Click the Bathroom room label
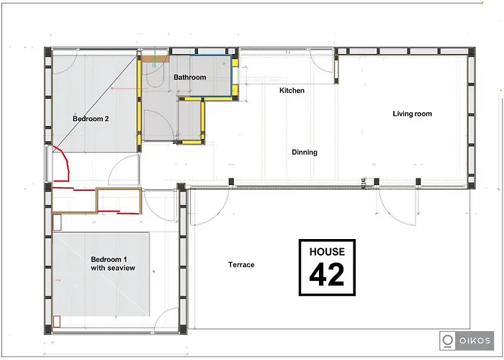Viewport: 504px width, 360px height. click(189, 78)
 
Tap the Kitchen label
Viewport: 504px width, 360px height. click(292, 91)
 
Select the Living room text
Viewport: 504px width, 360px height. click(412, 114)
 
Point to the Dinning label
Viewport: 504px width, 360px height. click(305, 153)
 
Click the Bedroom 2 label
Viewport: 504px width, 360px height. click(91, 119)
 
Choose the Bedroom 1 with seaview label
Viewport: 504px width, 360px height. click(113, 264)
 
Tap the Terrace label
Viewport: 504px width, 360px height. click(241, 265)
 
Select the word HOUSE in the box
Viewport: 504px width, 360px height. click(327, 252)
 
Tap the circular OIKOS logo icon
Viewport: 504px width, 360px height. click(448, 340)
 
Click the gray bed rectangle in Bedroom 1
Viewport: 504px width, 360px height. click(101, 274)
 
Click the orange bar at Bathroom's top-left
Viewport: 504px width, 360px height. click(154, 58)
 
